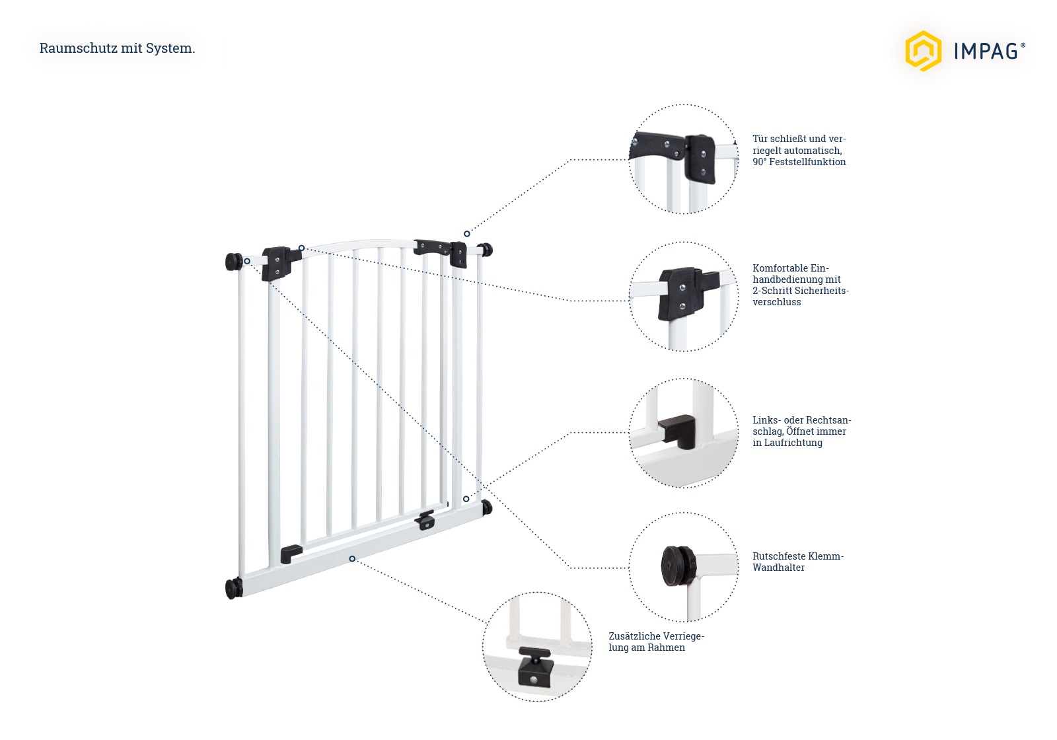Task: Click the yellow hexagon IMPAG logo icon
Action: pos(922,50)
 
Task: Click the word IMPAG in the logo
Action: pos(985,51)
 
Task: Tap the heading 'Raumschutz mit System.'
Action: pos(117,48)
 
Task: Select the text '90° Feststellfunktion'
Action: pos(799,162)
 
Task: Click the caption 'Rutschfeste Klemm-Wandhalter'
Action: pos(797,562)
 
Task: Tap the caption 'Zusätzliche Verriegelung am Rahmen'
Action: pos(656,642)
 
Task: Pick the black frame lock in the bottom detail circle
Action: pos(534,669)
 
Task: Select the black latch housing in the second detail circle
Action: pos(682,294)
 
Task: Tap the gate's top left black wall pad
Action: pos(233,262)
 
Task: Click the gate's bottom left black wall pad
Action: pos(233,588)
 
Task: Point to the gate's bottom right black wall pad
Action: pos(487,507)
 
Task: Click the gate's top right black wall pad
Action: pos(486,249)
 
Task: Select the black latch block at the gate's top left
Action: pos(275,263)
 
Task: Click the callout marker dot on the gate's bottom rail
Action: pos(352,559)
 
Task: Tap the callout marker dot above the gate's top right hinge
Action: pos(466,234)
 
